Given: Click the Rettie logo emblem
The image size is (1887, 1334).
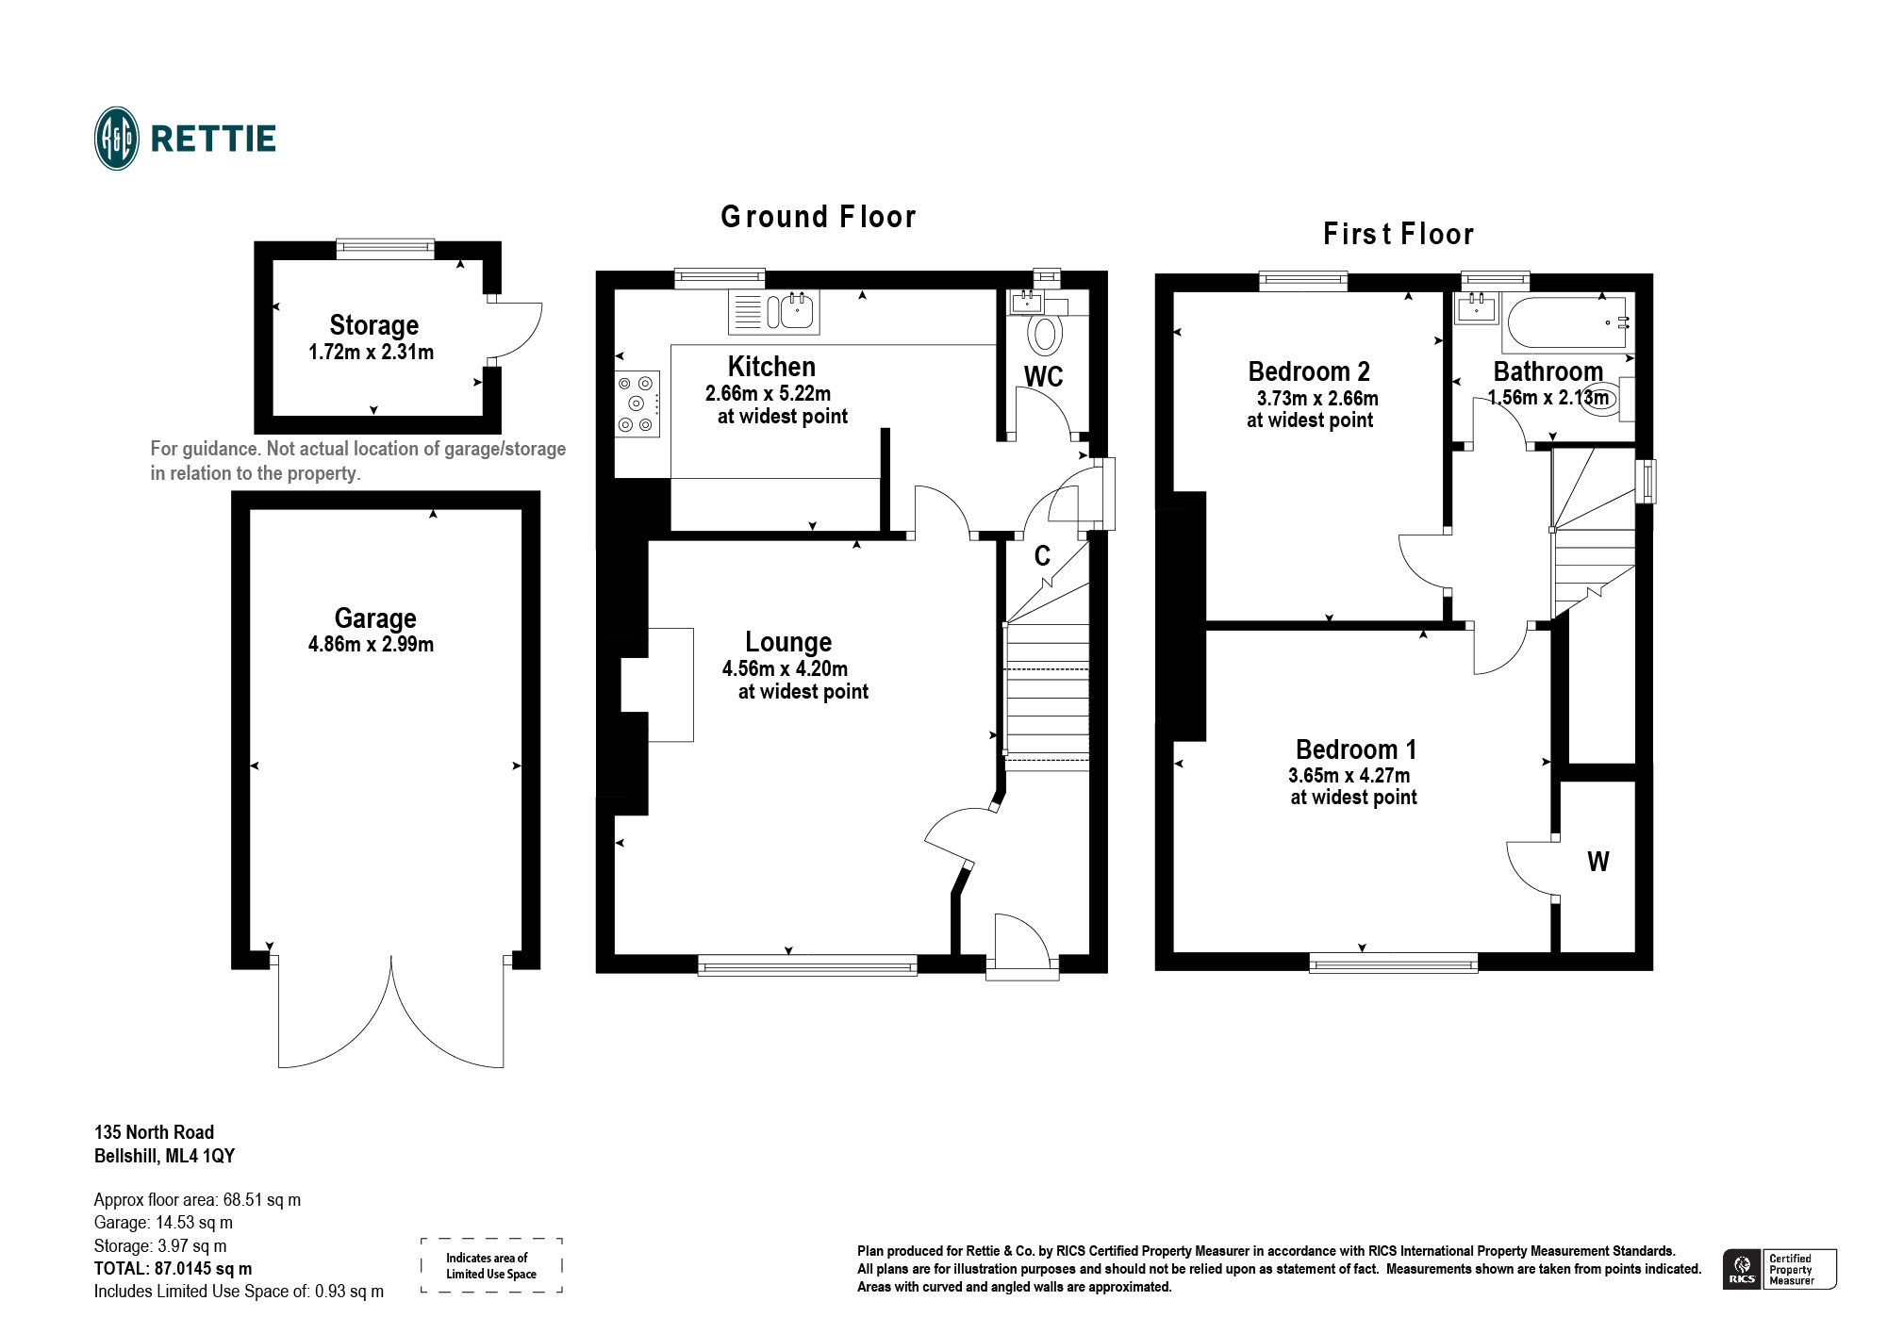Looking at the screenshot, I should point(117,139).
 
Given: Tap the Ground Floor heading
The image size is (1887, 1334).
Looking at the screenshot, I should point(818,218).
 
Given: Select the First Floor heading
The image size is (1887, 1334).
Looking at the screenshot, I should point(1398,234).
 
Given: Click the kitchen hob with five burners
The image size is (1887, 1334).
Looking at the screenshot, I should point(637,403).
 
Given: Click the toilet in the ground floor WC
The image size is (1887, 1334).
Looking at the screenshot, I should point(1044,334).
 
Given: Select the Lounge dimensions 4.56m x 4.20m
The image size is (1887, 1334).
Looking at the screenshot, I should point(785,669).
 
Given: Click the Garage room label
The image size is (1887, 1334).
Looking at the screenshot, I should point(374,618).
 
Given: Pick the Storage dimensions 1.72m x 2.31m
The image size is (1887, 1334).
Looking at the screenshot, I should point(371,353).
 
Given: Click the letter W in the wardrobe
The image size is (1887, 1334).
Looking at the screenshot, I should point(1597,862).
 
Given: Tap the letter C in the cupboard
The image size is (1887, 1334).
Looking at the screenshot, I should point(1042,556).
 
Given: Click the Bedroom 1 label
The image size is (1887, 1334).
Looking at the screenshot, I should point(1355,750).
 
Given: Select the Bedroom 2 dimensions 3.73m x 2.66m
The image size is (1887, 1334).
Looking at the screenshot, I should point(1316,399).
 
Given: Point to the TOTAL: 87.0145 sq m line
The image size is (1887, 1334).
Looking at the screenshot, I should point(173,1269).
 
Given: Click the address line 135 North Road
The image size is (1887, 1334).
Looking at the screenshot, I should point(154,1132).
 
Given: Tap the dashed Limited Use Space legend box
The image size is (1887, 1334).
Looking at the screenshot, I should point(491,1265).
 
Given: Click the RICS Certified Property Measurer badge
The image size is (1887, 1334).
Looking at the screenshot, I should point(1779,1269).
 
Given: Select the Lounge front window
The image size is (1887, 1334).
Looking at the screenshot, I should point(807,963).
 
